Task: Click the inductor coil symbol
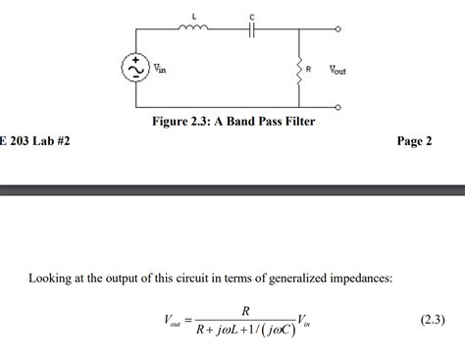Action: pyautogui.click(x=192, y=28)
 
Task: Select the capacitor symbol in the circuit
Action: pyautogui.click(x=252, y=29)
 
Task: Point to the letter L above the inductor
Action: pyautogui.click(x=193, y=16)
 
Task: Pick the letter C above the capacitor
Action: pyautogui.click(x=252, y=17)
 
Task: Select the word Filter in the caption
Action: pyautogui.click(x=296, y=122)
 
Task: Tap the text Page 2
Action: pyautogui.click(x=414, y=141)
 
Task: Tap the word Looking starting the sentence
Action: pyautogui.click(x=50, y=279)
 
